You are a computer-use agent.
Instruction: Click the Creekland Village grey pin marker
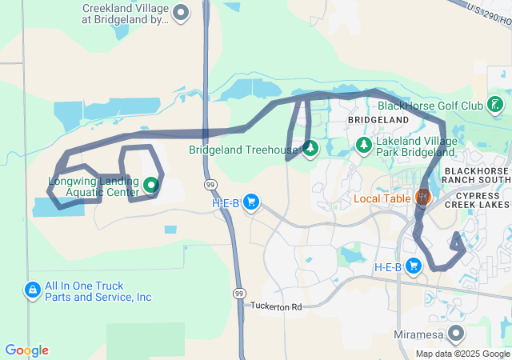(182, 11)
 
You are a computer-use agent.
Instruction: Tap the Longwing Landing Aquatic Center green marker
(151, 187)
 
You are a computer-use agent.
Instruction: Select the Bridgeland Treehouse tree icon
(310, 148)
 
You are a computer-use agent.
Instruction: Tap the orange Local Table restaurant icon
(422, 196)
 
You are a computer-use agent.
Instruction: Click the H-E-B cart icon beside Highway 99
(251, 202)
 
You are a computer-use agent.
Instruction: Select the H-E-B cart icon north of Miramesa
(413, 266)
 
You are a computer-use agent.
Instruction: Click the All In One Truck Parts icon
(33, 289)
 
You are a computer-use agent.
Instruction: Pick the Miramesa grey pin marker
(456, 332)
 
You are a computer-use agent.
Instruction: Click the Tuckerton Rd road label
(276, 306)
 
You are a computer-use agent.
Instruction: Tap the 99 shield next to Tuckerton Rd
(238, 294)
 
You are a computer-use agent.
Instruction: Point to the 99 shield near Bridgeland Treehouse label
(209, 185)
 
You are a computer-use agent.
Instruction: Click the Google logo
(26, 350)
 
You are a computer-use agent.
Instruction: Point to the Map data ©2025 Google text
(462, 354)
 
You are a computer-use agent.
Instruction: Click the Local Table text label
(382, 197)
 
